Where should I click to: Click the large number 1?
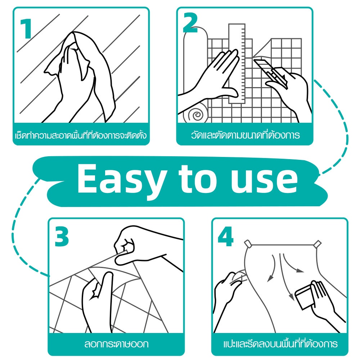coord(27,29)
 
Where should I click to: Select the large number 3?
coord(62,236)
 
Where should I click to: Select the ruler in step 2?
coord(237,63)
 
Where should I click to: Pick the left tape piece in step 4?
coord(248,244)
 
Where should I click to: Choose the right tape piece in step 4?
coord(318,244)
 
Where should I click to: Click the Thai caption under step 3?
coord(116,344)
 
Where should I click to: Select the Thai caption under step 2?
coord(245,135)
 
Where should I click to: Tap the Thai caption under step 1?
coord(81,135)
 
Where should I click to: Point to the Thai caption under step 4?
coord(280,344)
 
